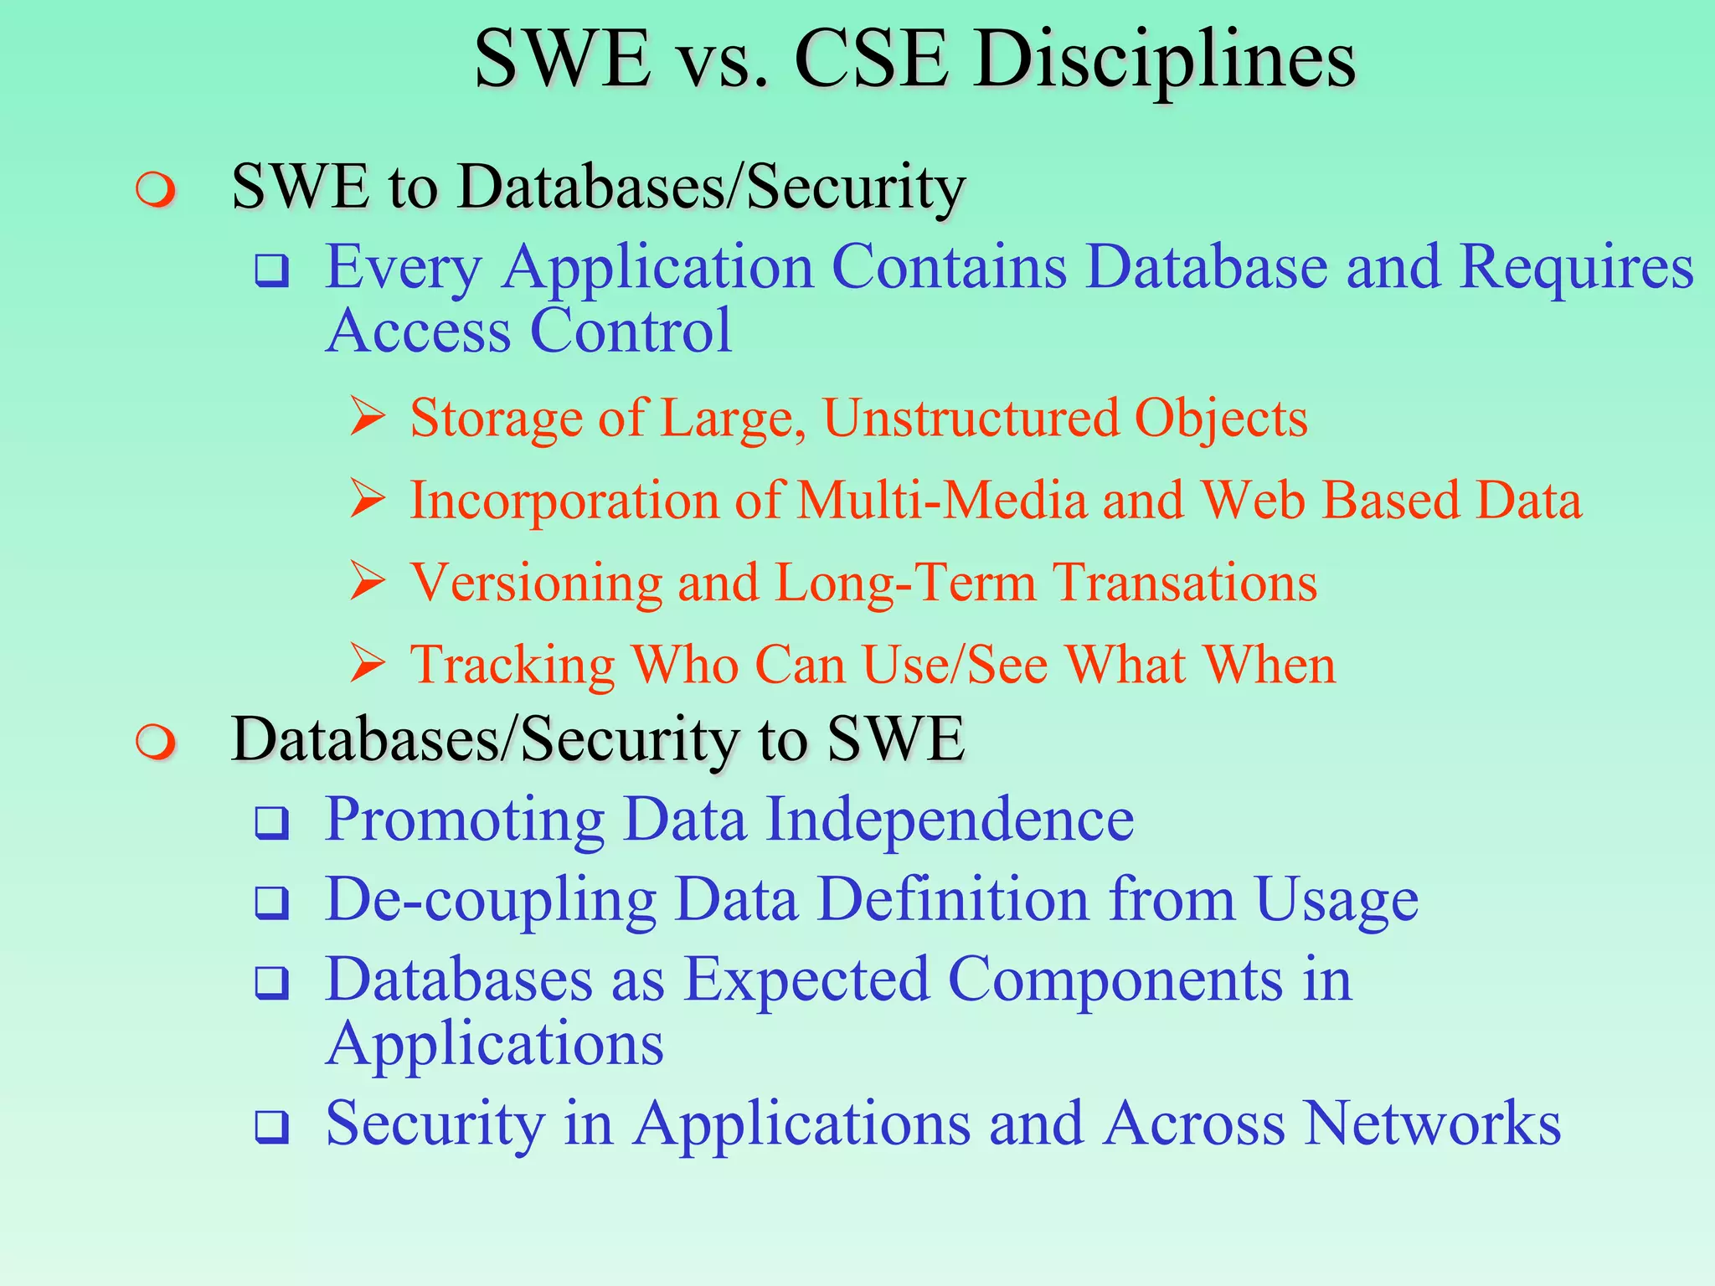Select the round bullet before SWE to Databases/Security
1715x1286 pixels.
tap(156, 190)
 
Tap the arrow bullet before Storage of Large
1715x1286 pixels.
tap(368, 417)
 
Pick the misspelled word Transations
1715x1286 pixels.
tap(1185, 583)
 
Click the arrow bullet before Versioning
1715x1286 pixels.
tap(368, 581)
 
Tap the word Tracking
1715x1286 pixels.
tap(512, 665)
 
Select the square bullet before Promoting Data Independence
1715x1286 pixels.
tap(272, 824)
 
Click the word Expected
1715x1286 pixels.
tap(806, 980)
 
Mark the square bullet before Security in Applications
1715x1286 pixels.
tap(272, 1127)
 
